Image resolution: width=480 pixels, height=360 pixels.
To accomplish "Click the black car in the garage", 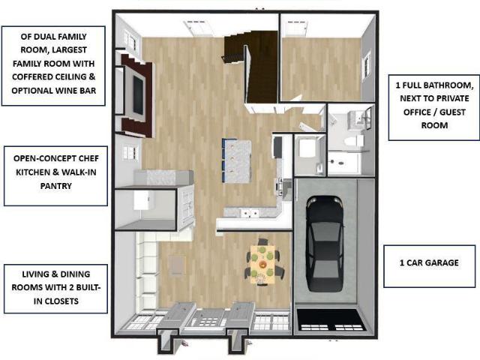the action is click(325, 243).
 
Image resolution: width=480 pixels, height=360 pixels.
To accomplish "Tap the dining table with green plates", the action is click(262, 264).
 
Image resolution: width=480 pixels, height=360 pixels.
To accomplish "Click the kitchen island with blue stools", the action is click(238, 160).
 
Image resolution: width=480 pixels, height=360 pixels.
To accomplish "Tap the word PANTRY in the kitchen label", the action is click(56, 186).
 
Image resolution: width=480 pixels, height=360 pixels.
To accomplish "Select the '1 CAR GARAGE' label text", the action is click(429, 262).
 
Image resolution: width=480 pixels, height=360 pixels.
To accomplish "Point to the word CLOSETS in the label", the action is click(61, 301).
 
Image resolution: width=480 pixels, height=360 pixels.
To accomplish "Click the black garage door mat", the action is click(331, 320).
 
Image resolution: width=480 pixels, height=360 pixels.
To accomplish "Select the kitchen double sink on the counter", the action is click(250, 213).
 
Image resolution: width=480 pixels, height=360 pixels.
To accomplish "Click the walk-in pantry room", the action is click(144, 209).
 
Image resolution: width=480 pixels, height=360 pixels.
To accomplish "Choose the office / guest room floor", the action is click(321, 68).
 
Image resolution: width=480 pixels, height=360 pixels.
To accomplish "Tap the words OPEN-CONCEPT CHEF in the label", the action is click(56, 158).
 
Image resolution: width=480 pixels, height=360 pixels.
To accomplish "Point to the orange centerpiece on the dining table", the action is click(262, 264).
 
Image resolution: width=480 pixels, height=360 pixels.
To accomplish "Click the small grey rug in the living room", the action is click(177, 265).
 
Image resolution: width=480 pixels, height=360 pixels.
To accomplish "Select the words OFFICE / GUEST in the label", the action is click(434, 112).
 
